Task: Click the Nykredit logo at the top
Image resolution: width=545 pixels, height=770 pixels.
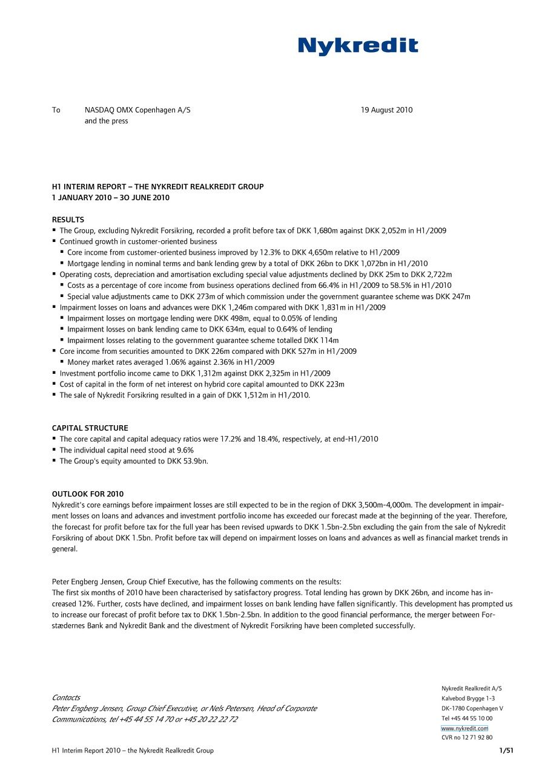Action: pyautogui.click(x=358, y=46)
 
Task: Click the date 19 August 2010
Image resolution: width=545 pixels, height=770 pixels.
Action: pyautogui.click(x=386, y=110)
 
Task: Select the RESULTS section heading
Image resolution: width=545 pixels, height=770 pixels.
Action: pyautogui.click(x=68, y=220)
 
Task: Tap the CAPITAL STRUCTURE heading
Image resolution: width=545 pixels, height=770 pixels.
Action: pyautogui.click(x=90, y=428)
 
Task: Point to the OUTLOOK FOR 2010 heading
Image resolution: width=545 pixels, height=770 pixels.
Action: pyautogui.click(x=88, y=494)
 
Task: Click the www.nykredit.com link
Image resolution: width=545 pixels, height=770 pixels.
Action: pyautogui.click(x=464, y=728)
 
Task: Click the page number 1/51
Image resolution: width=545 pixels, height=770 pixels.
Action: pyautogui.click(x=506, y=751)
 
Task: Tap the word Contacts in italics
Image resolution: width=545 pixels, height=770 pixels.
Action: pyautogui.click(x=66, y=697)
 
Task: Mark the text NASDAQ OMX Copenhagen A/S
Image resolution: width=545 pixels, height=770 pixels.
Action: pyautogui.click(x=137, y=110)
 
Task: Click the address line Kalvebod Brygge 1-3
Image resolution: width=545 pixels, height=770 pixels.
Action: pyautogui.click(x=468, y=698)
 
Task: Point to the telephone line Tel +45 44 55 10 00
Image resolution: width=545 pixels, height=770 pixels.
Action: pyautogui.click(x=467, y=718)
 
